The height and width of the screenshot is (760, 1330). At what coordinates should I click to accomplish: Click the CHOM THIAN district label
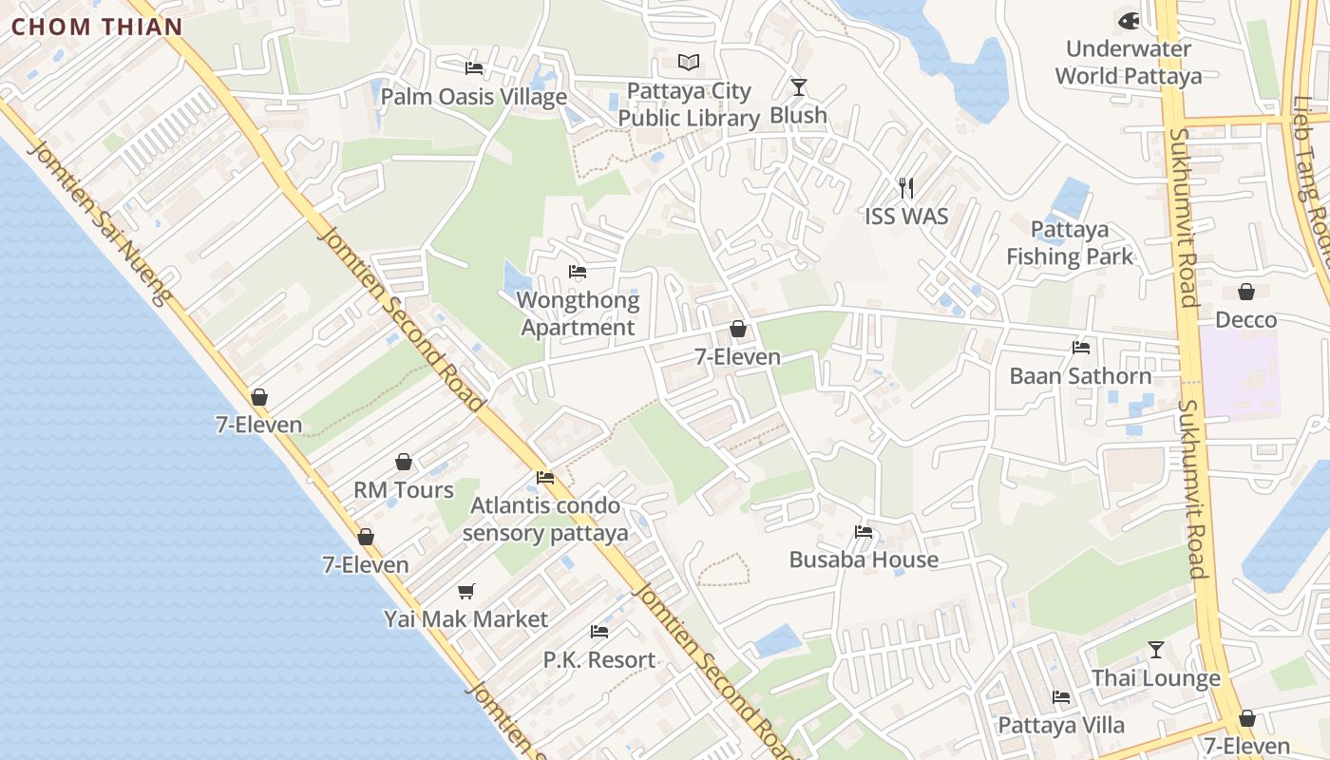tap(96, 27)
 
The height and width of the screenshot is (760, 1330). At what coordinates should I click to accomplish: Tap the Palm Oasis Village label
tap(474, 97)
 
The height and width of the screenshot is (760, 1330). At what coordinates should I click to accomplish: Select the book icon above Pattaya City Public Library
tap(689, 63)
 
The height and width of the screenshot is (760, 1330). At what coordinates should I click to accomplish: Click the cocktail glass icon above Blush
tap(798, 87)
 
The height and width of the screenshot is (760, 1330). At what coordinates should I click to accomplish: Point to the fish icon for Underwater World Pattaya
tap(1129, 20)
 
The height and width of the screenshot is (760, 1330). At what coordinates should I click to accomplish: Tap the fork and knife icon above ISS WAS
tap(906, 188)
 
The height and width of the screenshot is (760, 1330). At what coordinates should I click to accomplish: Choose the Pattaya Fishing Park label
tap(1070, 243)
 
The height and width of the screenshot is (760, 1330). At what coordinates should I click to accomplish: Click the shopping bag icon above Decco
tap(1246, 292)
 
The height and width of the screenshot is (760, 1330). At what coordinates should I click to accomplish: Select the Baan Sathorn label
tap(1080, 376)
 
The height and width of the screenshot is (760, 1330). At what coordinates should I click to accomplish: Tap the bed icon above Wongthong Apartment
tap(578, 273)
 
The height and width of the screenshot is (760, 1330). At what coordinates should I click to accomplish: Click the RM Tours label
tap(404, 490)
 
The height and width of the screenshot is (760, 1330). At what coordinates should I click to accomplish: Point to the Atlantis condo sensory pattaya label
tap(545, 519)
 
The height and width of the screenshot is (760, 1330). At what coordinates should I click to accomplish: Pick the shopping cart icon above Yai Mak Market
tap(466, 592)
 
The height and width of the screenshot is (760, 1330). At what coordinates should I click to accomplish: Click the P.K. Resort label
tap(598, 659)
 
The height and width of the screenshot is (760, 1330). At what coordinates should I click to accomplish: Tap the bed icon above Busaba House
tap(864, 532)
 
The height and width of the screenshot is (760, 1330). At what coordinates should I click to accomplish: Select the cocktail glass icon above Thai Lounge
tap(1155, 650)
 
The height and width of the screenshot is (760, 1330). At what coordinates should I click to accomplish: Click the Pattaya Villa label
tap(1061, 726)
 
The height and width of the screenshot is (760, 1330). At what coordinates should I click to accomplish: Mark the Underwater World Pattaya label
tap(1129, 63)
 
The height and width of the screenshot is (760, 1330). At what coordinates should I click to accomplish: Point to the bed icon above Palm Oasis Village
tap(474, 68)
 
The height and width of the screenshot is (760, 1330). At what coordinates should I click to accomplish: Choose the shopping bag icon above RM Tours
tap(404, 463)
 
